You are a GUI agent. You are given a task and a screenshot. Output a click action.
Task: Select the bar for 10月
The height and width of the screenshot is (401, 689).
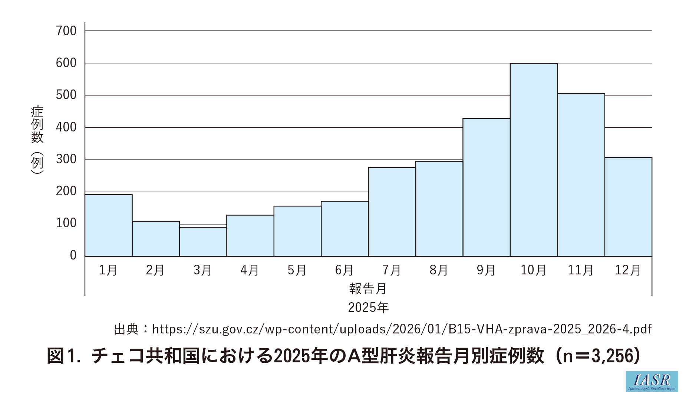click(534, 160)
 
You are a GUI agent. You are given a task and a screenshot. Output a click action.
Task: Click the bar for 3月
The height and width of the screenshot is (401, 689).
click(203, 242)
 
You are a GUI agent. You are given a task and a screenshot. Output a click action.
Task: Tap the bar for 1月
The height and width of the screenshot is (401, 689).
click(109, 225)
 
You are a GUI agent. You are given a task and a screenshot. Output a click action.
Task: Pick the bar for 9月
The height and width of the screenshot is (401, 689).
click(486, 187)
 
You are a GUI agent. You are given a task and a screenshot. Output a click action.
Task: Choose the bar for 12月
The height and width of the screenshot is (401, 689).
click(628, 207)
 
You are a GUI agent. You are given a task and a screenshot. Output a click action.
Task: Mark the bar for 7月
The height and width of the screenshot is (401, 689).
click(392, 212)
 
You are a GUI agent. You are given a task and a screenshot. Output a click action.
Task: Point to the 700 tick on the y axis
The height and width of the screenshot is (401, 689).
click(66, 31)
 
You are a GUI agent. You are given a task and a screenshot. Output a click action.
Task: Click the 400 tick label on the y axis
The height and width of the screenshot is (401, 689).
click(66, 127)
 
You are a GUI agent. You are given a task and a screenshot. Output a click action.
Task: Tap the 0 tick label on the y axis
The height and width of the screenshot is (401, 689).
click(73, 255)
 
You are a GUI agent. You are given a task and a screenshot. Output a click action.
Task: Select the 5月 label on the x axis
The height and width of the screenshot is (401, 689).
click(297, 270)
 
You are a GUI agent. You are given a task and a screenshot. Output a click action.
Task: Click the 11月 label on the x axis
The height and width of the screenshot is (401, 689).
click(581, 270)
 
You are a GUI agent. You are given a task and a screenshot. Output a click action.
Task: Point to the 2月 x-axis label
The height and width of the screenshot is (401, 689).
click(155, 270)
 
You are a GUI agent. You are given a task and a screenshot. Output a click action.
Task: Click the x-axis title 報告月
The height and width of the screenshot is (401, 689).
click(368, 289)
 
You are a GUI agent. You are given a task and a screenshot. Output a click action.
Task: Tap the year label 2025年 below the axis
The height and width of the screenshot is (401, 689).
click(368, 307)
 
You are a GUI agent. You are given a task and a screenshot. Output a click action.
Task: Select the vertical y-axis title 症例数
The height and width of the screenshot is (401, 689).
click(37, 125)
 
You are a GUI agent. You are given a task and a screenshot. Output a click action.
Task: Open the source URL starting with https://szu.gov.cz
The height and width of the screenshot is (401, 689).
click(402, 329)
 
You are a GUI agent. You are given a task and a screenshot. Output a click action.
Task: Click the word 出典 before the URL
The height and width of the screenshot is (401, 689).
click(126, 329)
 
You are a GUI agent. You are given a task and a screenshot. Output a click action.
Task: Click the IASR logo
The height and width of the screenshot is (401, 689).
click(652, 381)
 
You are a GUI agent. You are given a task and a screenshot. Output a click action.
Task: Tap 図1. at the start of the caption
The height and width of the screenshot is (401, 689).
click(64, 356)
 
